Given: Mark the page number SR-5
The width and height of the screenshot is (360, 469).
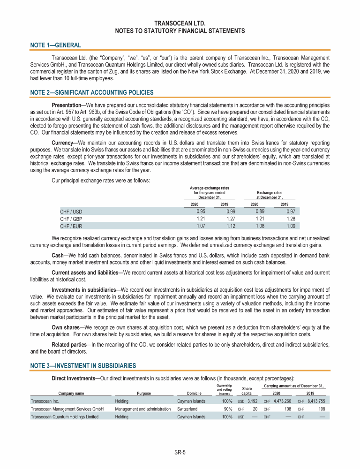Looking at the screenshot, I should click(180, 453).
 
